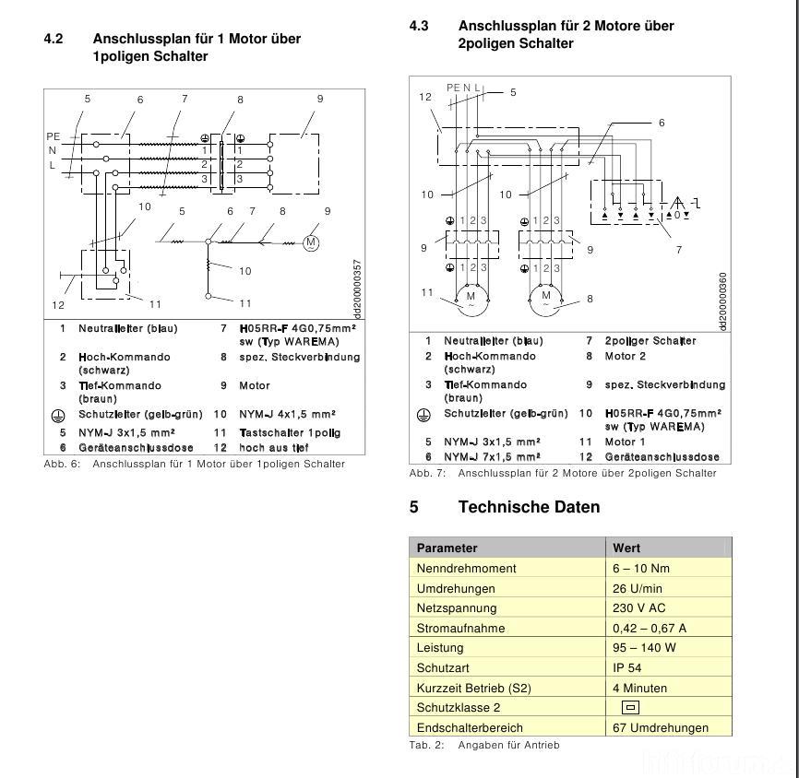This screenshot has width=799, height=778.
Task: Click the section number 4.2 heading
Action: [54, 39]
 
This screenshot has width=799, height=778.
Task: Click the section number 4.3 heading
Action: [419, 26]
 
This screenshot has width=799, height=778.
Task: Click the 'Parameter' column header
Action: [447, 548]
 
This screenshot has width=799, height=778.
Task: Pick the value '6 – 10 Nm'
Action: [641, 568]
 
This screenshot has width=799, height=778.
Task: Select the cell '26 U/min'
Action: [638, 588]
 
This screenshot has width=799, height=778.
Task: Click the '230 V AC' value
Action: [638, 607]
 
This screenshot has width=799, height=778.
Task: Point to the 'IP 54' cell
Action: [627, 667]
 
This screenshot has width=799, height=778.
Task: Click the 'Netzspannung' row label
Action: [457, 607]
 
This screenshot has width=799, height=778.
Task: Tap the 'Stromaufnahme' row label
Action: [461, 628]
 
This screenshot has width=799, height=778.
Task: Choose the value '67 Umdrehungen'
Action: [661, 727]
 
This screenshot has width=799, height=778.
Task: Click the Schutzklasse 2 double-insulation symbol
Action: [631, 708]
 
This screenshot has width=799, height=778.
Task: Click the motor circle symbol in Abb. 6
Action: [311, 242]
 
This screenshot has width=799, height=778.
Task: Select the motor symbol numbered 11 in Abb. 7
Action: [471, 297]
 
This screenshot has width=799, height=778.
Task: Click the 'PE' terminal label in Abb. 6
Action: [53, 136]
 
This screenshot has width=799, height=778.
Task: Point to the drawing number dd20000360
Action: [722, 301]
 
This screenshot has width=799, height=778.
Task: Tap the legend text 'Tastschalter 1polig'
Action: [290, 432]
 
